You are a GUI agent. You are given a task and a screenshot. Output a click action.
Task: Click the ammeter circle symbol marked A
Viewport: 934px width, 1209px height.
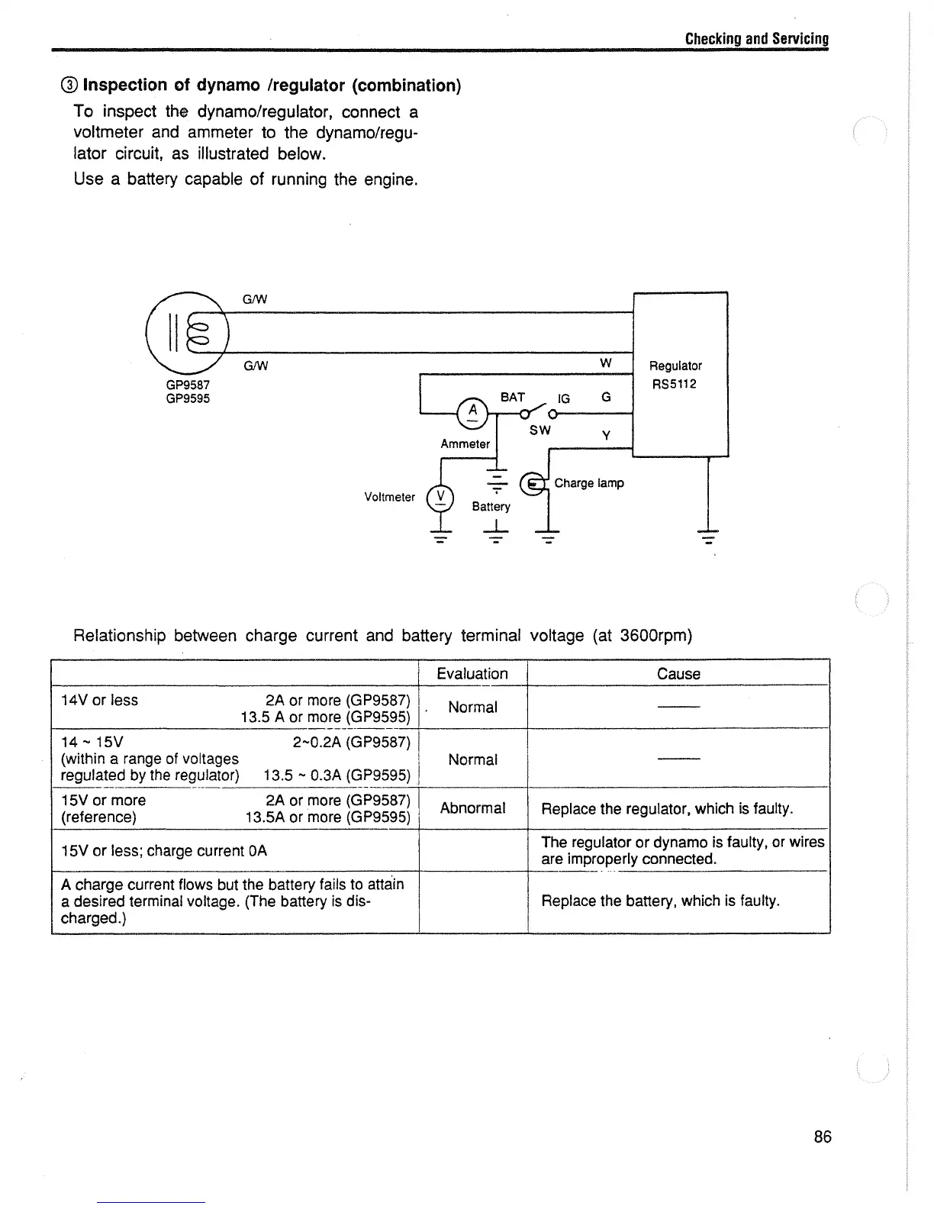(x=473, y=412)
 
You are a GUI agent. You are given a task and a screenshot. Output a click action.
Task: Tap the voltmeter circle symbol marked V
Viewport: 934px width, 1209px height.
(x=440, y=498)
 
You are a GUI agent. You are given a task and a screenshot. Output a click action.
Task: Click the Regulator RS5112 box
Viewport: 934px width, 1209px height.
(x=681, y=374)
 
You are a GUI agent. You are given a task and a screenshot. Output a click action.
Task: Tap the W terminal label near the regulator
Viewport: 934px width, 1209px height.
(x=605, y=363)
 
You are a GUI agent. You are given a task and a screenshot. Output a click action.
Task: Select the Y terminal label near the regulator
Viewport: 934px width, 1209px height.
(x=606, y=435)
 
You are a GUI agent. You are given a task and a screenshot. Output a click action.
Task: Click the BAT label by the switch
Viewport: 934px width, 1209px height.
(x=512, y=397)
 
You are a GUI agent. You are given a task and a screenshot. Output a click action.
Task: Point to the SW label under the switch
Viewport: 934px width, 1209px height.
(x=539, y=430)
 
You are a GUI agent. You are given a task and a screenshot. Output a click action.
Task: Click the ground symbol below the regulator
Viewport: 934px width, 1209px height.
(x=709, y=537)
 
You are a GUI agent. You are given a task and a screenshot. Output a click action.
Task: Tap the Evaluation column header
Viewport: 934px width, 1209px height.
(x=472, y=673)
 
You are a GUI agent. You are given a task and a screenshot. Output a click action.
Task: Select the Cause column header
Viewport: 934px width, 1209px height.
(x=678, y=673)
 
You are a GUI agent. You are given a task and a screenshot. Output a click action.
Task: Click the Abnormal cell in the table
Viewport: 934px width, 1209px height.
(x=472, y=808)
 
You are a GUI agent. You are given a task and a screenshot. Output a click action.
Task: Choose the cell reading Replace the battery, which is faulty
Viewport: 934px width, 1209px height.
(x=660, y=901)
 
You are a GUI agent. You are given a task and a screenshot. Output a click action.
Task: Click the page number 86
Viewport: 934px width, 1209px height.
(x=822, y=1136)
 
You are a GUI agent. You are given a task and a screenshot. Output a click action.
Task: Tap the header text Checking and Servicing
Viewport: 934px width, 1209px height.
(x=756, y=39)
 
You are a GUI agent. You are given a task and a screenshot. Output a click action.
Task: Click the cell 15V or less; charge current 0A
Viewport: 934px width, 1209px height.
(x=164, y=850)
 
